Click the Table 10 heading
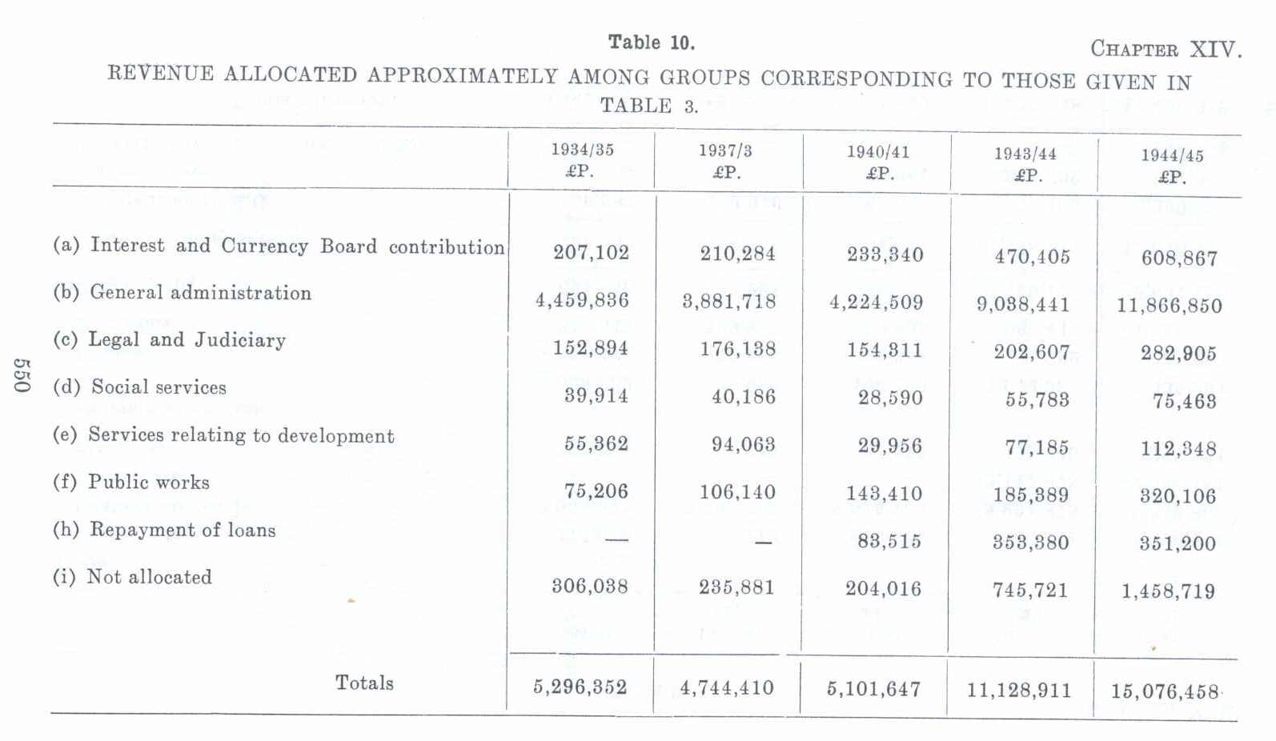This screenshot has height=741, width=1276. point(651,42)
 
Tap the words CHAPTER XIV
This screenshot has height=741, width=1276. point(1166,50)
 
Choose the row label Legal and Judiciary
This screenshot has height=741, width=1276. point(169,340)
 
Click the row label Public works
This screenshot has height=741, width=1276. point(131,482)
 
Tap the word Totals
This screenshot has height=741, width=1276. point(364,683)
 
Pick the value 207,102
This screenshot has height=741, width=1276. point(591,253)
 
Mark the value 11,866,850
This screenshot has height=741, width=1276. point(1169,306)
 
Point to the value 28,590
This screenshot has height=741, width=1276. point(890,398)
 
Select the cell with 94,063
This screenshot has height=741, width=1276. point(743,444)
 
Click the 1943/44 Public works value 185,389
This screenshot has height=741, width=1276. point(1031,495)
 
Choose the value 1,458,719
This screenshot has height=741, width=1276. point(1168,592)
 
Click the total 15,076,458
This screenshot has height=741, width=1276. point(1165,691)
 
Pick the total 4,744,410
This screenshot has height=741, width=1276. point(727,688)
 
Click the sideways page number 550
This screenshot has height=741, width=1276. point(21,375)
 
